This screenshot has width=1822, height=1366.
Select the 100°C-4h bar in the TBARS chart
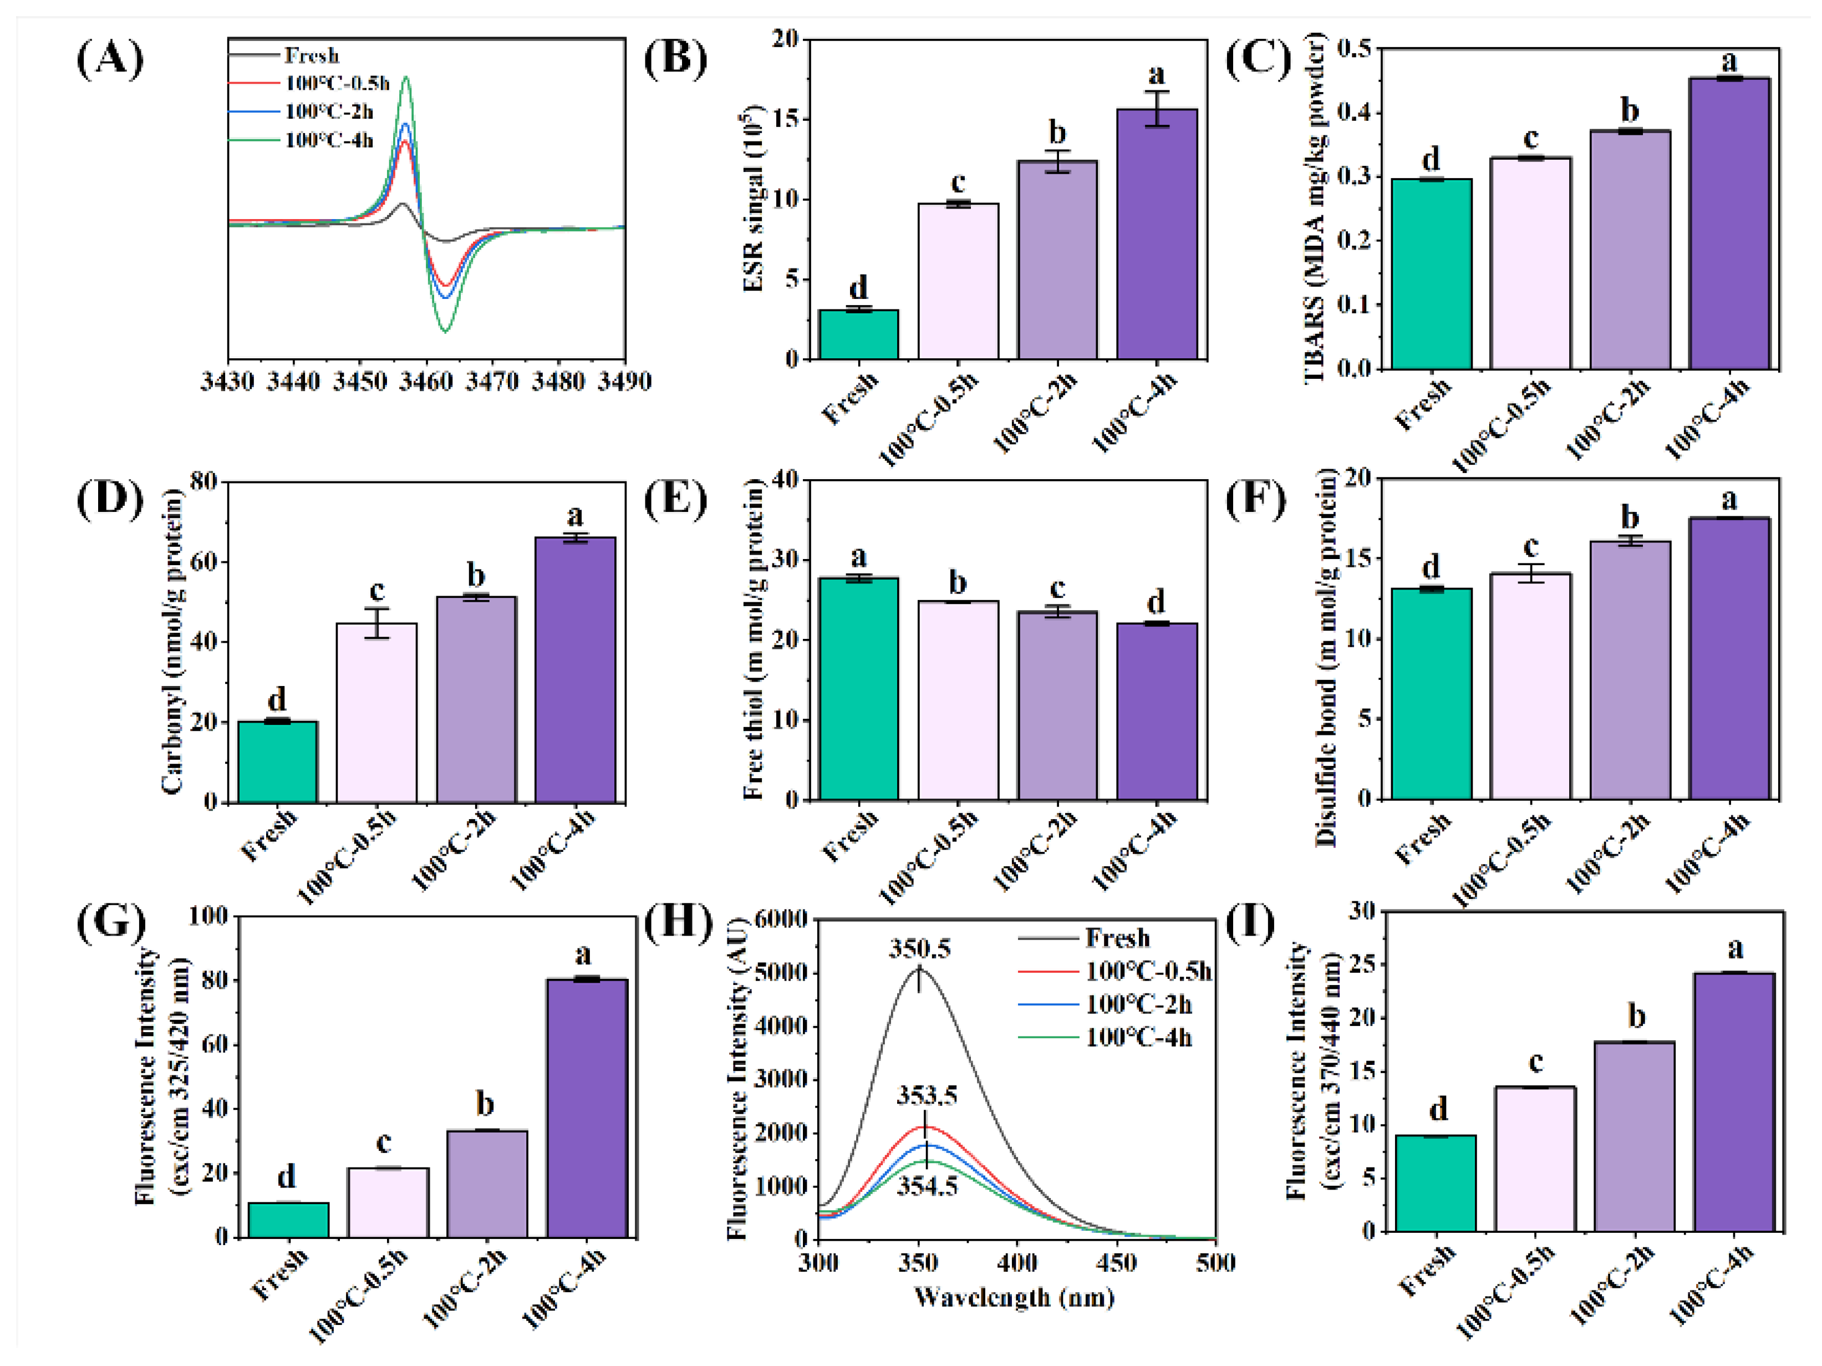click(1729, 222)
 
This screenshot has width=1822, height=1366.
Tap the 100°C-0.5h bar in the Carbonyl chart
click(376, 713)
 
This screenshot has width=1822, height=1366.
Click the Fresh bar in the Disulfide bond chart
click(1432, 694)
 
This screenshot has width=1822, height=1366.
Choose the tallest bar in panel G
click(587, 1108)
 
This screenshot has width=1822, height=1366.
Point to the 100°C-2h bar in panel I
click(1634, 1137)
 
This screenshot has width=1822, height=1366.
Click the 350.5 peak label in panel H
click(919, 949)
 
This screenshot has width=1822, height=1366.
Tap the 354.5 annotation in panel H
click(928, 1186)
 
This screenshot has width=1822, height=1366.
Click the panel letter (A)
click(110, 60)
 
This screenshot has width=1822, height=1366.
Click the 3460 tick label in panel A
click(426, 382)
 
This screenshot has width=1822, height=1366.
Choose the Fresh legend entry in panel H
click(1117, 938)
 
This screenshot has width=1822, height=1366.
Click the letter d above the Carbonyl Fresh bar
click(277, 699)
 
